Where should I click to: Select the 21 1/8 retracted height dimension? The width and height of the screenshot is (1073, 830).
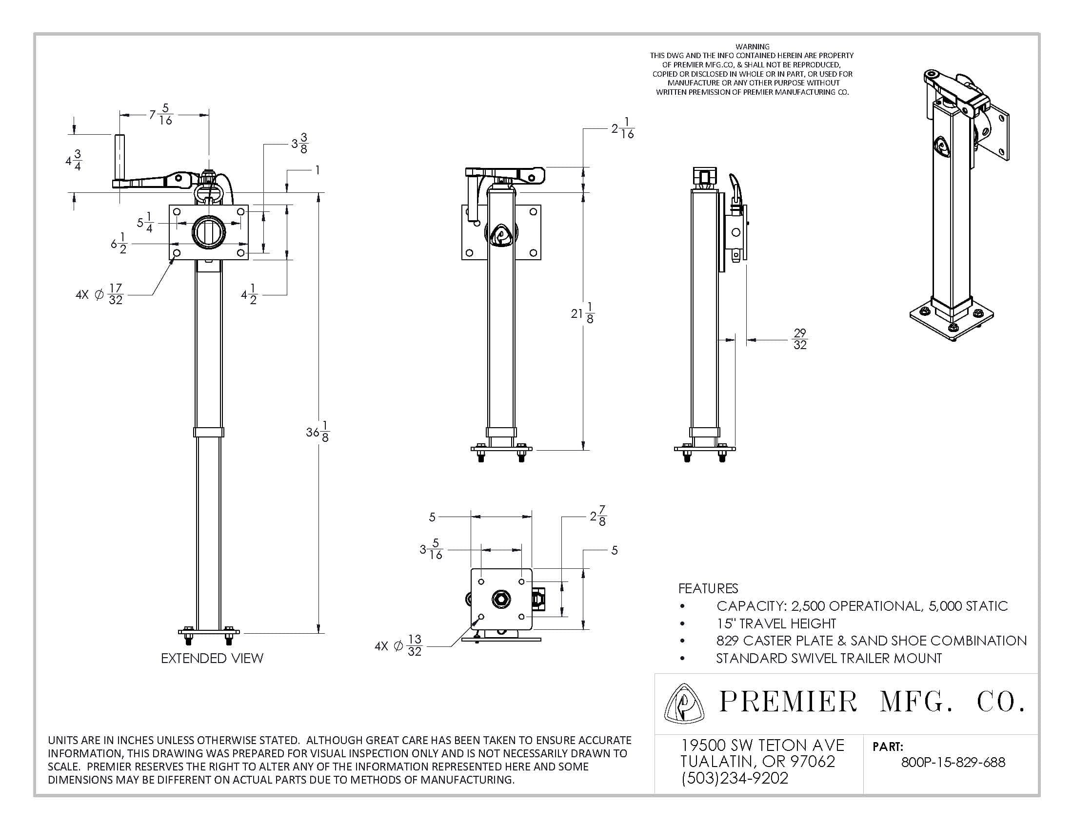(583, 313)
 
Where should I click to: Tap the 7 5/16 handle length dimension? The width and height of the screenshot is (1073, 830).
(161, 114)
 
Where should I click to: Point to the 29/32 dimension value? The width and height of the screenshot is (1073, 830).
(800, 339)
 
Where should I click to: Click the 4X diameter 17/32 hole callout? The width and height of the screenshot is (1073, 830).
(99, 294)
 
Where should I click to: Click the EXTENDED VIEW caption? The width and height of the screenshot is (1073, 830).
(212, 658)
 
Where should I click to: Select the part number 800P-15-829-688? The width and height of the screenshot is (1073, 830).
(953, 762)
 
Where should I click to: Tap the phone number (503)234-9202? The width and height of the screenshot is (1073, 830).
(735, 778)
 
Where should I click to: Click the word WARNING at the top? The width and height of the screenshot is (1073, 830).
(752, 47)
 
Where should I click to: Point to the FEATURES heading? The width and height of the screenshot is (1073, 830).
(708, 588)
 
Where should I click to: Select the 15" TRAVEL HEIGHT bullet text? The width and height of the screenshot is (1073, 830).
(776, 623)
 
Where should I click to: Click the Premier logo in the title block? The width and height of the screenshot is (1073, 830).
(683, 704)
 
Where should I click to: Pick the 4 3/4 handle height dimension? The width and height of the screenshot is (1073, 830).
(74, 160)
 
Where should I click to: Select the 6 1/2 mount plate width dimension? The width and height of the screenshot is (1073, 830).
(119, 244)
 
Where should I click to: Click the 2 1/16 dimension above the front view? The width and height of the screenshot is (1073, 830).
(622, 128)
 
